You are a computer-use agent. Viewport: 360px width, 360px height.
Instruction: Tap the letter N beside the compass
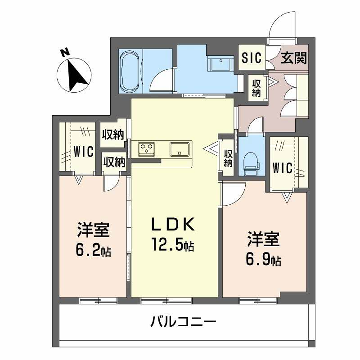[x=64, y=54]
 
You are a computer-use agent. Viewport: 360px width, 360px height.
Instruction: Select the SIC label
[x=250, y=58]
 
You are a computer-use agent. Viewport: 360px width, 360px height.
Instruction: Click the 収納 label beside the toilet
[x=229, y=158]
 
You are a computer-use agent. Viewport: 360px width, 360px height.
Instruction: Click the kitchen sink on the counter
[x=181, y=151]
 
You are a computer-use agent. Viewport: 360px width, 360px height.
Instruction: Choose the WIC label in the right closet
[x=283, y=169]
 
